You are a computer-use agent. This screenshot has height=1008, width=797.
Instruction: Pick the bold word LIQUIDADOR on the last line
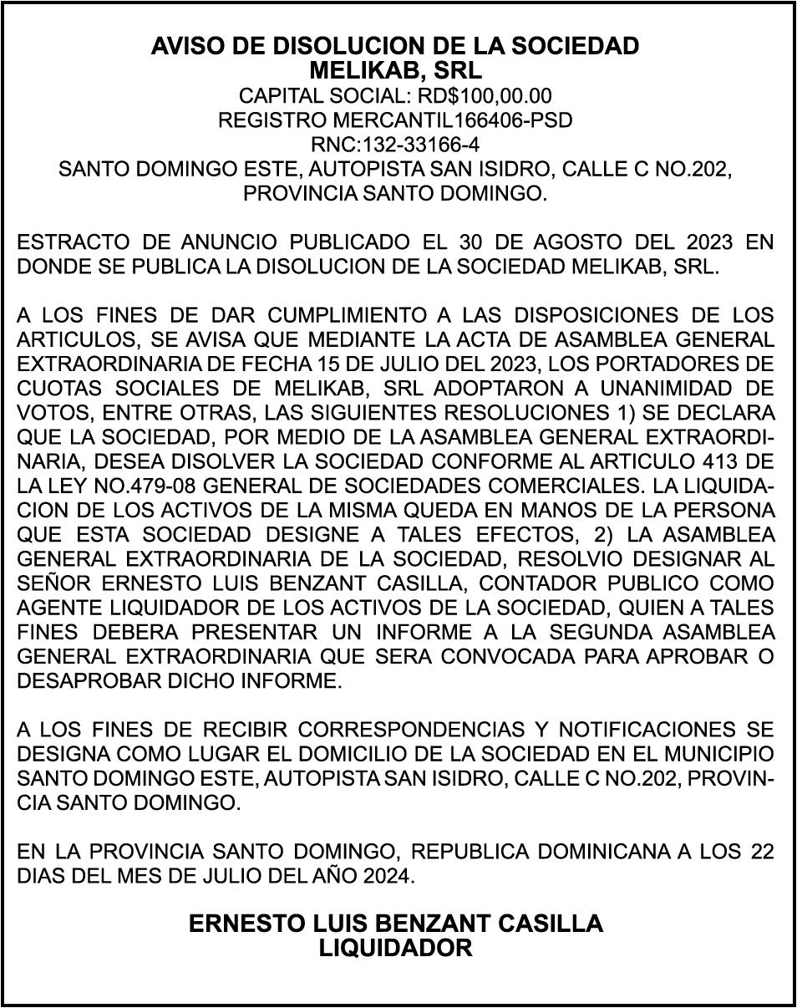pos(396,948)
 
